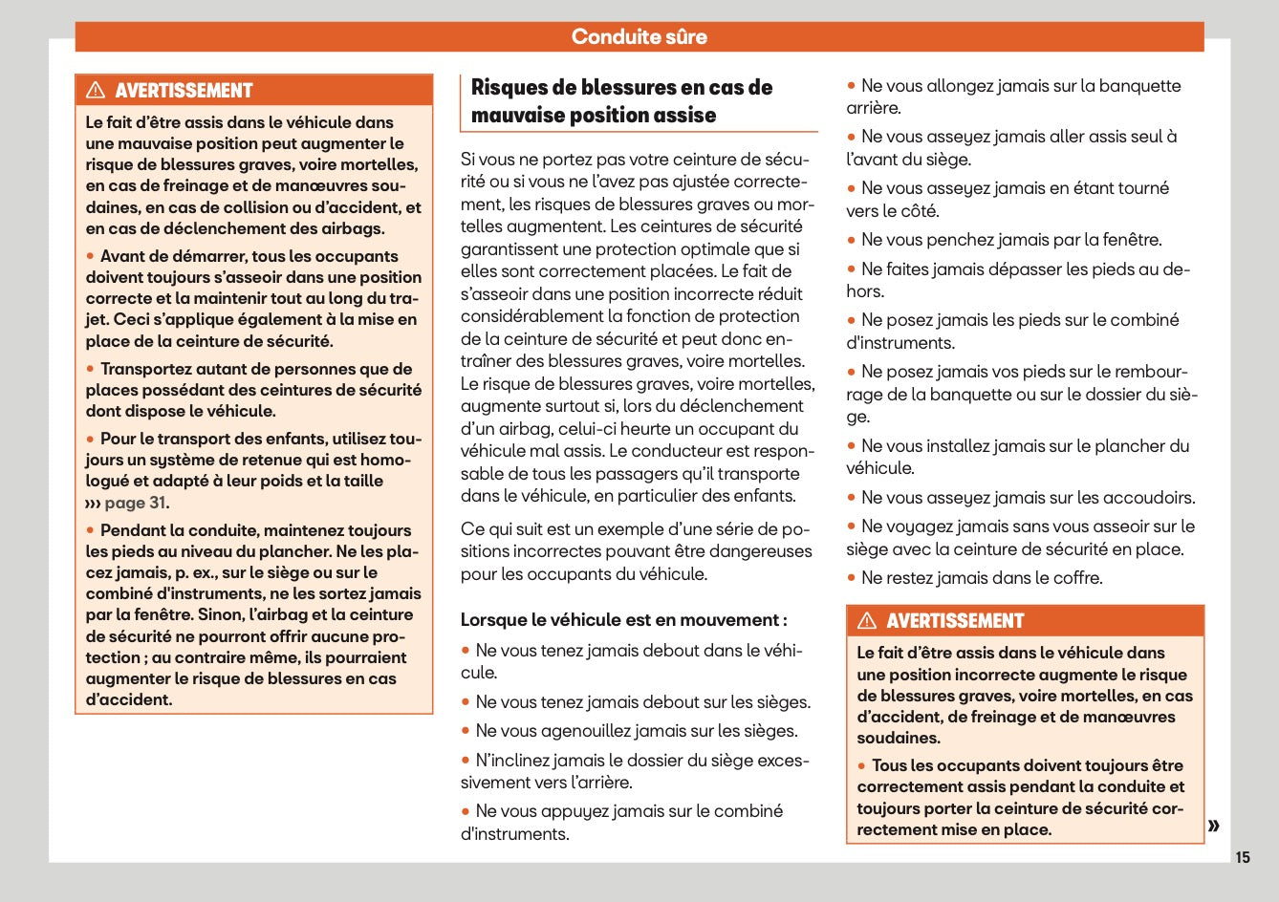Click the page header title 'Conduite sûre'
coord(639,37)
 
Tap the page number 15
coord(1242,857)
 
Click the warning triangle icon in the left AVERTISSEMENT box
coord(96,91)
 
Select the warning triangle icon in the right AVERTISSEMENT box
coord(867,621)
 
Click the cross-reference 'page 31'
coord(135,503)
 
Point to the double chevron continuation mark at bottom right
coord(1213,826)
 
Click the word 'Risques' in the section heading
coord(509,88)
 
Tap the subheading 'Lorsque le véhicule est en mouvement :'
coord(623,620)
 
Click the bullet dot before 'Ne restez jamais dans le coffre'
coord(851,577)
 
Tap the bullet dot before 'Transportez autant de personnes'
coord(91,369)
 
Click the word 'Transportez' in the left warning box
coord(146,369)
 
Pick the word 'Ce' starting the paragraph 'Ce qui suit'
coord(471,529)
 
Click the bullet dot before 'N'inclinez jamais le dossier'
coord(466,760)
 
